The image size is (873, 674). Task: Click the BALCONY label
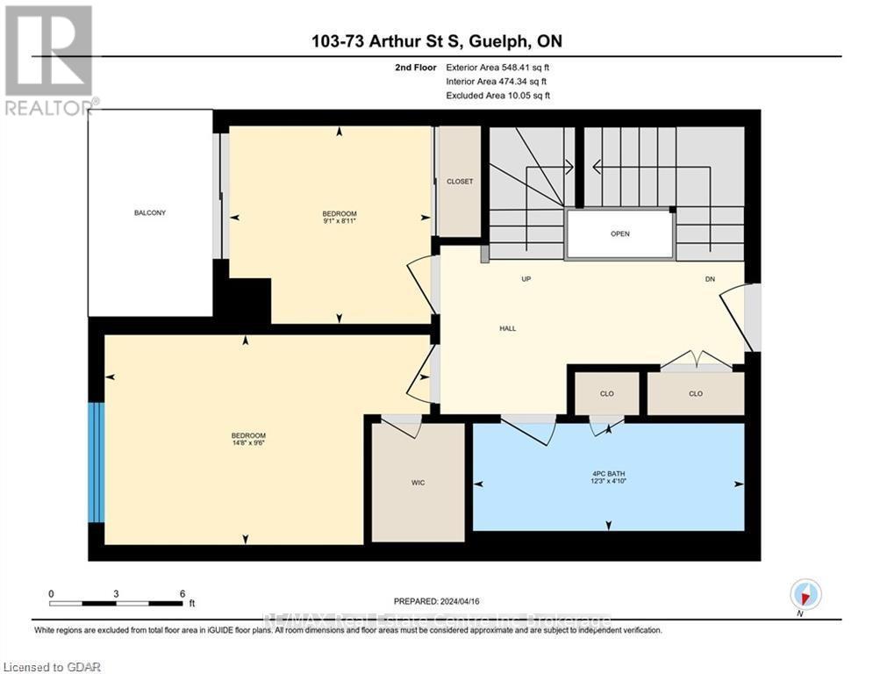click(150, 213)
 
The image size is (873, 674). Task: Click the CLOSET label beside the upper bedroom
click(460, 182)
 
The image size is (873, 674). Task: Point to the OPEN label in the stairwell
click(620, 234)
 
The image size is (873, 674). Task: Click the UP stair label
click(526, 279)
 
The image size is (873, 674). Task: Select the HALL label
click(507, 328)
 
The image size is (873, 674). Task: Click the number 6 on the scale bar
click(182, 593)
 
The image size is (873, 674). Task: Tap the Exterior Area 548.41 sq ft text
click(497, 67)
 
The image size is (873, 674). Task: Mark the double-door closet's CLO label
click(696, 393)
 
